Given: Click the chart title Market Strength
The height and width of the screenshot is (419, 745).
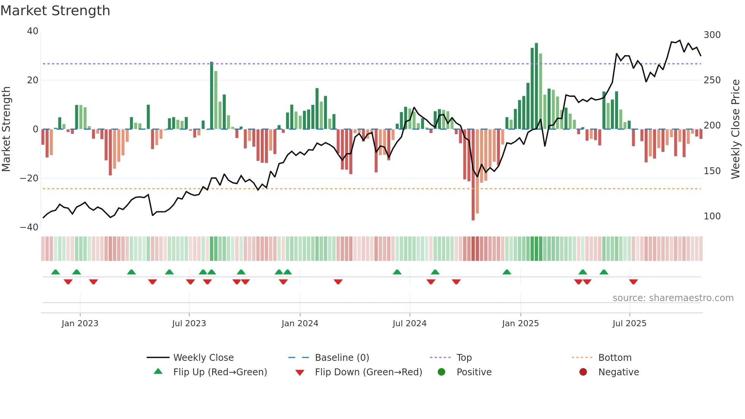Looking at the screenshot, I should click(55, 11).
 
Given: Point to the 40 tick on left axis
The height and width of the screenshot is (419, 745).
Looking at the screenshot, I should click(33, 31).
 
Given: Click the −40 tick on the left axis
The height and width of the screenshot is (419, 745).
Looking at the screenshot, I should click(29, 227).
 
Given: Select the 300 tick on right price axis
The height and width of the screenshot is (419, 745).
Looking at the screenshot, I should click(712, 35).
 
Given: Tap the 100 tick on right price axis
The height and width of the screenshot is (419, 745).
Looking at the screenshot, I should click(712, 216).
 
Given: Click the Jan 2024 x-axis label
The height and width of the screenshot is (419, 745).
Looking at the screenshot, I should click(300, 324).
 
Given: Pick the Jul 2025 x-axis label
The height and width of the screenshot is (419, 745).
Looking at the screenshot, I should click(629, 324).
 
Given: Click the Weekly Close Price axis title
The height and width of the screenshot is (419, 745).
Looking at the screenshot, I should click(735, 129).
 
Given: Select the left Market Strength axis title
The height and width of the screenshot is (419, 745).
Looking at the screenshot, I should click(6, 129).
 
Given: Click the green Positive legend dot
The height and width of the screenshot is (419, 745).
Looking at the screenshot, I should click(441, 372).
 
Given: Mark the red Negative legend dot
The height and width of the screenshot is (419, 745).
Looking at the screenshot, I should click(583, 372).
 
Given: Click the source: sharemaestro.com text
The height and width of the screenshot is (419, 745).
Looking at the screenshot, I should click(673, 298).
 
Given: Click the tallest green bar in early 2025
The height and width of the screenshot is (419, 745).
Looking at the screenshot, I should click(536, 86).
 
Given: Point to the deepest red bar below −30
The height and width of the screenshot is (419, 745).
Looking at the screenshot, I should click(473, 175).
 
